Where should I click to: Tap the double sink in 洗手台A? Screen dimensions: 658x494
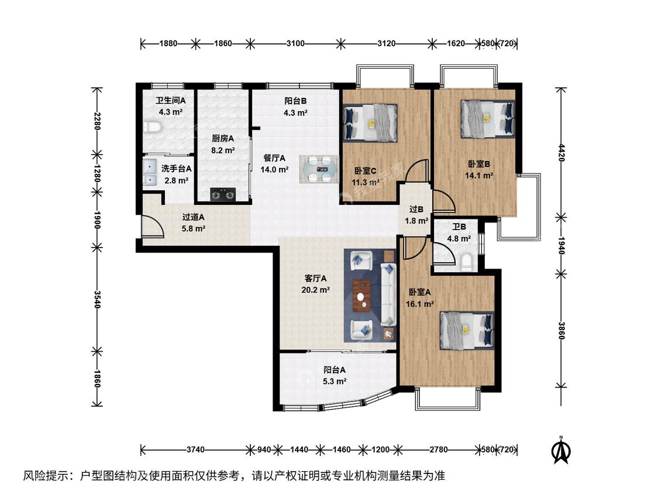pyautogui.click(x=149, y=172)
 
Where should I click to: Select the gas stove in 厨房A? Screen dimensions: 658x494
pyautogui.click(x=223, y=194)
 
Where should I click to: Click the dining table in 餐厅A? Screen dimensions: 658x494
pyautogui.click(x=319, y=169)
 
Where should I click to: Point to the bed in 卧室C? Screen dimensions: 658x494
pyautogui.click(x=370, y=123)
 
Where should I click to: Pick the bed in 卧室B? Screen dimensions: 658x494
pyautogui.click(x=488, y=119)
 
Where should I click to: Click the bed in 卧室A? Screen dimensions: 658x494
pyautogui.click(x=467, y=331)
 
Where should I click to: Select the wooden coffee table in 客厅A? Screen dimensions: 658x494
pyautogui.click(x=361, y=296)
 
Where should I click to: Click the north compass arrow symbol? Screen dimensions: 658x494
pyautogui.click(x=561, y=450)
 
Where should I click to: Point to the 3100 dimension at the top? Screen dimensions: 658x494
pyautogui.click(x=295, y=43)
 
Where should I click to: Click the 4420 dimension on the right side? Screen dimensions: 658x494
pyautogui.click(x=561, y=153)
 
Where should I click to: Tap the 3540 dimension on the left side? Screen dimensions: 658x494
pyautogui.click(x=97, y=299)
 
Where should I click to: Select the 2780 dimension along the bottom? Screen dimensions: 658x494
pyautogui.click(x=439, y=450)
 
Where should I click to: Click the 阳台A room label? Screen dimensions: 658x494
pyautogui.click(x=335, y=370)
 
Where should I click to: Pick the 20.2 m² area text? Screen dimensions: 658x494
pyautogui.click(x=316, y=290)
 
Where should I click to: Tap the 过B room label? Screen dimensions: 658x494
pyautogui.click(x=416, y=209)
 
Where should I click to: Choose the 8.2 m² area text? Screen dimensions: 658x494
pyautogui.click(x=223, y=150)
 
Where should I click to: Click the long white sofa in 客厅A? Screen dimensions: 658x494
pyautogui.click(x=388, y=294)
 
